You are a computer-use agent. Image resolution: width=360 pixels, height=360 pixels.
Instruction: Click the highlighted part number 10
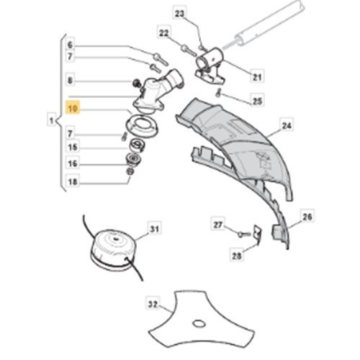click(73, 109)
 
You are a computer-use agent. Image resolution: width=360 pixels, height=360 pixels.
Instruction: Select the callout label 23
click(179, 14)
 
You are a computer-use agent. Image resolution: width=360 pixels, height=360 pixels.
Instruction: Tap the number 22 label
click(164, 33)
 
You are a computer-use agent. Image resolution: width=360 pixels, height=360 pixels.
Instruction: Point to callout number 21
click(257, 77)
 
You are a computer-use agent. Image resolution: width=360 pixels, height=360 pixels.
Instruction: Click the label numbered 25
click(257, 101)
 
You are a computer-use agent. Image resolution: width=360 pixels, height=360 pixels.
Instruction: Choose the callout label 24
click(287, 126)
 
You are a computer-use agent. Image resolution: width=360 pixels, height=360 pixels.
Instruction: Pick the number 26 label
click(307, 217)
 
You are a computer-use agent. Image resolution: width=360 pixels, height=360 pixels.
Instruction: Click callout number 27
click(218, 225)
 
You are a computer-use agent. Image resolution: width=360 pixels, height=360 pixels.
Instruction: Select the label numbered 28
click(236, 256)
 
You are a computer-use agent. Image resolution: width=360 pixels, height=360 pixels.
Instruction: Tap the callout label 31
click(154, 229)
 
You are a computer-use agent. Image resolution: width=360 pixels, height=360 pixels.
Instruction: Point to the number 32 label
click(153, 305)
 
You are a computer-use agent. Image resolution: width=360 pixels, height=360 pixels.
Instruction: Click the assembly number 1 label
click(51, 120)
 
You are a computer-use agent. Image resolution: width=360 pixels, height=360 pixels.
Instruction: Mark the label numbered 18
click(73, 182)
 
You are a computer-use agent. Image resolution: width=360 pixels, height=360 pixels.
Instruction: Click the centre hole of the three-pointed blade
click(199, 324)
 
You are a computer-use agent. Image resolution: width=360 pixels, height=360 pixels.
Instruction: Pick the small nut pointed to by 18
click(130, 171)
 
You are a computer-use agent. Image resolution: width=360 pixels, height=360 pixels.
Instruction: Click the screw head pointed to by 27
click(240, 234)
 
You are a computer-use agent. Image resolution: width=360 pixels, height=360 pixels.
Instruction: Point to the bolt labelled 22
click(189, 51)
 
